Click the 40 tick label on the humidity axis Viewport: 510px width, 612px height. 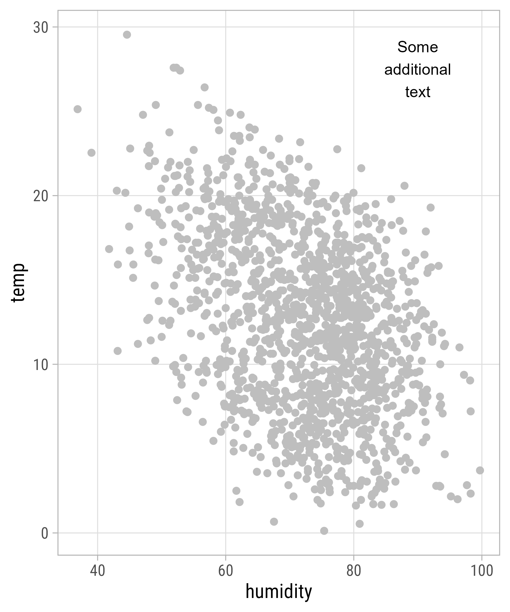click(x=97, y=571)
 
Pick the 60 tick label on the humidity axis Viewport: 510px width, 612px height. click(x=226, y=571)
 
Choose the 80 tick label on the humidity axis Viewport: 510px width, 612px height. click(x=353, y=571)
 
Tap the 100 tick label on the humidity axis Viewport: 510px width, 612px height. click(x=481, y=571)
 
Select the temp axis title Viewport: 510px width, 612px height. click(x=18, y=283)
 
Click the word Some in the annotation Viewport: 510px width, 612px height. click(x=417, y=47)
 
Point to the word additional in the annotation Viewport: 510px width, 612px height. click(x=417, y=69)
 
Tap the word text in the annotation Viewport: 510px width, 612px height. click(x=417, y=92)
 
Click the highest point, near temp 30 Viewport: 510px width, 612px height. click(x=127, y=35)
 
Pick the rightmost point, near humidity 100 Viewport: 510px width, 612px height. click(x=480, y=470)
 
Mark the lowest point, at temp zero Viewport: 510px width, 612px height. click(x=324, y=531)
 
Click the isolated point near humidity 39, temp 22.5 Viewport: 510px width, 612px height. click(x=92, y=153)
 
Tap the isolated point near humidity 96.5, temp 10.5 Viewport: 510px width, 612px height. click(x=459, y=347)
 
